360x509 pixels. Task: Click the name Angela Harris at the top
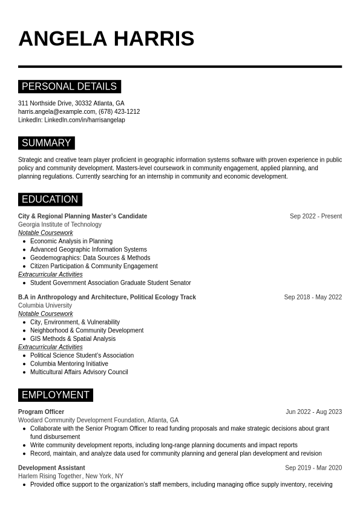(x=106, y=39)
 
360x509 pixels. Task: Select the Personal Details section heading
(x=69, y=87)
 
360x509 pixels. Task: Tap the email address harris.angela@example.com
(x=57, y=111)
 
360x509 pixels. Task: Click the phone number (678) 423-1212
(x=119, y=111)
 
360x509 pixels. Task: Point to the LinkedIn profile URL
(x=84, y=120)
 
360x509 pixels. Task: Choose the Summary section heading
(x=46, y=143)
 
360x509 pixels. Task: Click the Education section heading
(x=50, y=199)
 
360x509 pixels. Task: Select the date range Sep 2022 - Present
(x=315, y=216)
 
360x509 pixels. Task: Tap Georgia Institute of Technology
(x=60, y=225)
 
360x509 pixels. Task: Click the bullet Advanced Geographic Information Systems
(x=88, y=249)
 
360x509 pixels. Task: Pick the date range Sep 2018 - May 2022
(x=313, y=297)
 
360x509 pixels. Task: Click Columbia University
(x=45, y=306)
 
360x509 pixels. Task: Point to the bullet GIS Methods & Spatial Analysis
(x=73, y=339)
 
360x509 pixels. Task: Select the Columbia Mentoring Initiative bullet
(x=69, y=364)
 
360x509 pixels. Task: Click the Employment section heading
(x=55, y=395)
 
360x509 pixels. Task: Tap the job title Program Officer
(x=41, y=412)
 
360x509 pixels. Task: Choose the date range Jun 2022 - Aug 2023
(x=313, y=412)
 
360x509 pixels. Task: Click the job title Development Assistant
(x=51, y=468)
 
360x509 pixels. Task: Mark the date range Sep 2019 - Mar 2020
(x=313, y=468)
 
